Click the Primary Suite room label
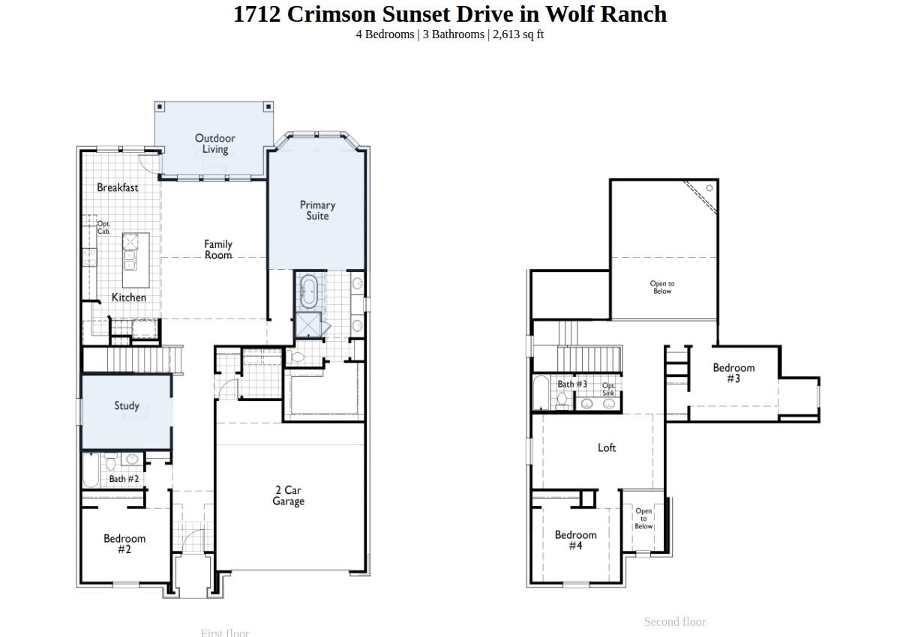click(317, 211)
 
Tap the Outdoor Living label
click(215, 144)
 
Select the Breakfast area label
click(117, 187)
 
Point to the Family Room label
click(218, 250)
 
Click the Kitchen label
click(129, 298)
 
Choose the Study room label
click(127, 405)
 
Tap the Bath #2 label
click(124, 479)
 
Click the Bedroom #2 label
click(124, 544)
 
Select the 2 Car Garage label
click(288, 496)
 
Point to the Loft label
click(607, 447)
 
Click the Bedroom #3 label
click(733, 373)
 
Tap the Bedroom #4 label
click(576, 540)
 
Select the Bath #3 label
click(572, 384)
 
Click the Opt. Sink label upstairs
click(608, 390)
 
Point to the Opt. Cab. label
click(103, 228)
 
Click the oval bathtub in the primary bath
click(309, 291)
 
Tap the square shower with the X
click(307, 325)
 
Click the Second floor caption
click(674, 622)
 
